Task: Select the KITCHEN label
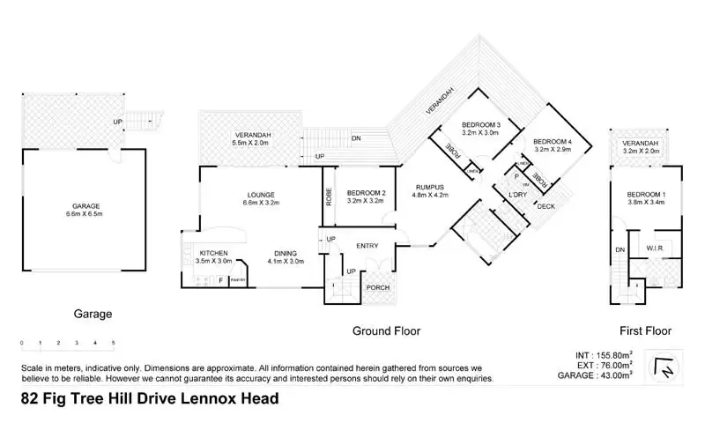(x=214, y=256)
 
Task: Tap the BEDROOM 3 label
(x=480, y=130)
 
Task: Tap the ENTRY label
(x=367, y=246)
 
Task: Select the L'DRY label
(x=517, y=196)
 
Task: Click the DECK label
(x=545, y=207)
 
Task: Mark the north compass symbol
(x=664, y=367)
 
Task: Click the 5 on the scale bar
(x=113, y=342)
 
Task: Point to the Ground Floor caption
(x=386, y=331)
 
